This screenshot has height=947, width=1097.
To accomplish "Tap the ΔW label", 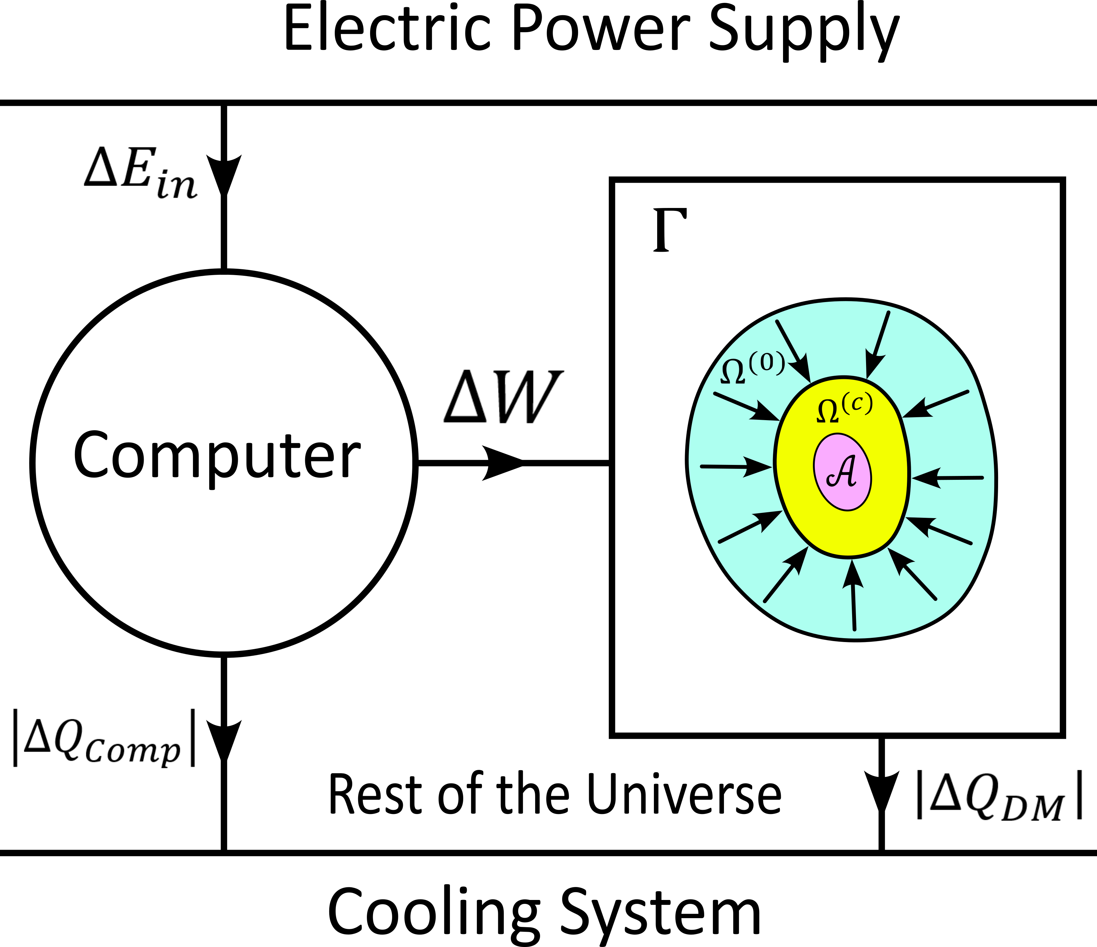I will [x=503, y=397].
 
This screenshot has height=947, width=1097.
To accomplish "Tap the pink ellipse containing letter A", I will [x=842, y=472].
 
